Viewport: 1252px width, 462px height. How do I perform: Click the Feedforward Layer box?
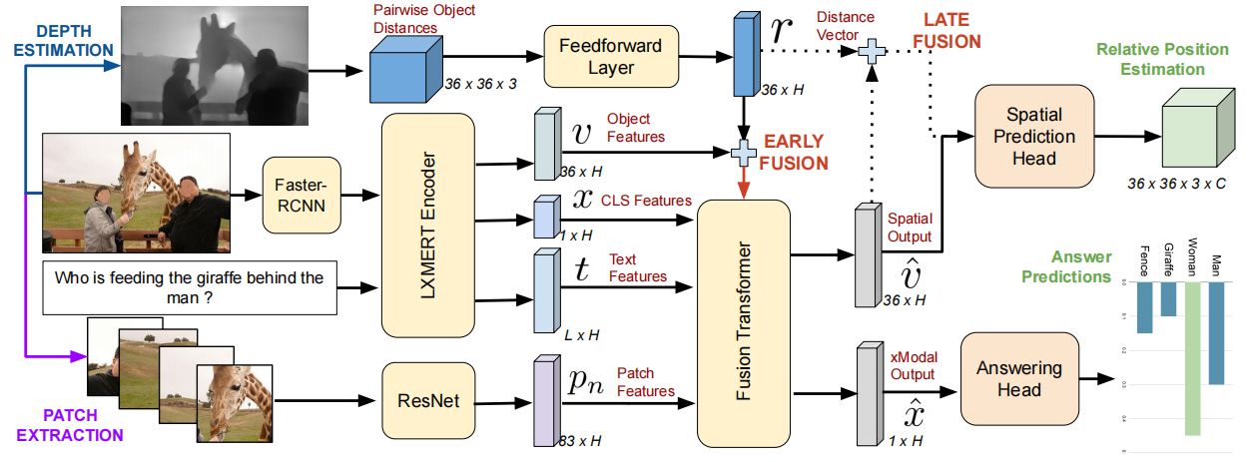click(x=610, y=56)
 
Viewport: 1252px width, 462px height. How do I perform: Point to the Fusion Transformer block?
click(x=743, y=321)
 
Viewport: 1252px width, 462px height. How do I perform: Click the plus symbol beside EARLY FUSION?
click(x=744, y=152)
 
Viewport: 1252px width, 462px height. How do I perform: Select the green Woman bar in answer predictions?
click(x=1192, y=358)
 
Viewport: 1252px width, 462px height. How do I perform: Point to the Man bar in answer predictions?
click(x=1216, y=332)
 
